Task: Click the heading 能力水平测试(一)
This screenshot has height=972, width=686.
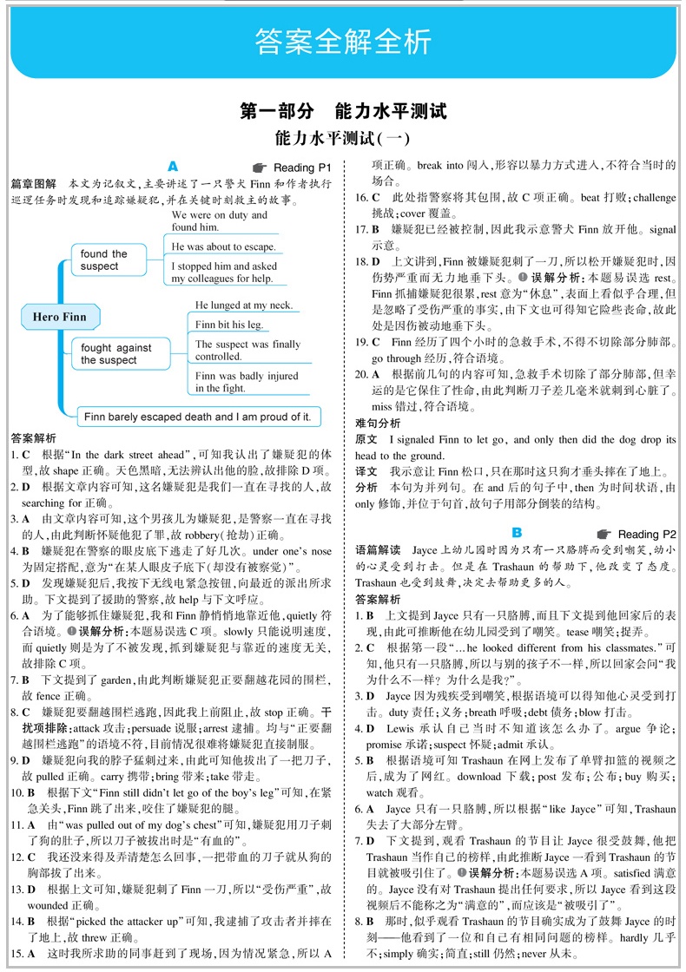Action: [342, 138]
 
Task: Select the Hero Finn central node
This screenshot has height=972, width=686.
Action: [59, 317]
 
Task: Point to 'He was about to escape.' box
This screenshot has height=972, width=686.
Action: [224, 246]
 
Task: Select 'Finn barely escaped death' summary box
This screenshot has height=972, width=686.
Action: [198, 417]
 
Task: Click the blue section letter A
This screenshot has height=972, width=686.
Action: [172, 165]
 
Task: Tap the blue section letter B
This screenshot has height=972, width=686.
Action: [516, 532]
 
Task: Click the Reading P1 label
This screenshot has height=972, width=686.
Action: [302, 167]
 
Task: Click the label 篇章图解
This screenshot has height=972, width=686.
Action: [33, 184]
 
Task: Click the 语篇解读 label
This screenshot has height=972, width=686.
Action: [378, 550]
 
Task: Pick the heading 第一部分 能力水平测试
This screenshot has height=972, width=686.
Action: [342, 111]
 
